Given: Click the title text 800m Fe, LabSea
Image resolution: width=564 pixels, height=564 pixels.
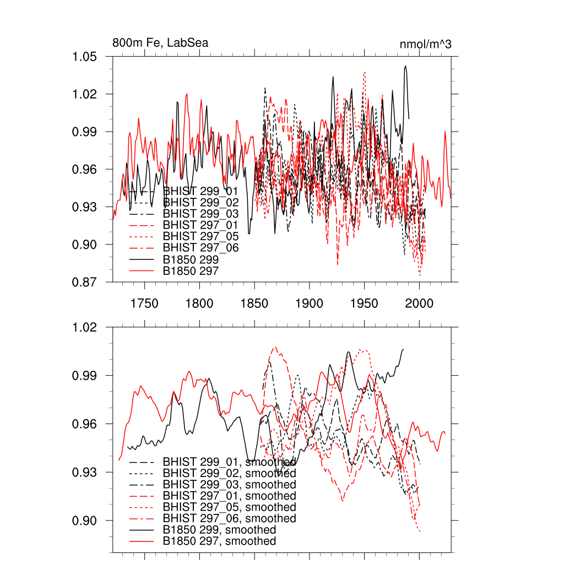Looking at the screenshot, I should pyautogui.click(x=160, y=43).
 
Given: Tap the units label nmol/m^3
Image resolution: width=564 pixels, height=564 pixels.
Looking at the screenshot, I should pyautogui.click(x=425, y=44).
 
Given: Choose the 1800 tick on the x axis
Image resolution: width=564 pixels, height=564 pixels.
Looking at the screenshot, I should pyautogui.click(x=199, y=304).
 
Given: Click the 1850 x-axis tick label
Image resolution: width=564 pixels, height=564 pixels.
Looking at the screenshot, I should pyautogui.click(x=254, y=304).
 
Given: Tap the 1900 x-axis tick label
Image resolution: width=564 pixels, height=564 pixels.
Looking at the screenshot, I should pyautogui.click(x=310, y=304).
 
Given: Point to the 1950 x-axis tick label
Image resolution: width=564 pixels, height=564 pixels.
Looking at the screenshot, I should pyautogui.click(x=365, y=304).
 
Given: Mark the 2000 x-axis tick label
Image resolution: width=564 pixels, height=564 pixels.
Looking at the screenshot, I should pyautogui.click(x=420, y=304).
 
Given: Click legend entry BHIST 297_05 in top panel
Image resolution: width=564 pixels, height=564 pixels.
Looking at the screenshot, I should pyautogui.click(x=200, y=236).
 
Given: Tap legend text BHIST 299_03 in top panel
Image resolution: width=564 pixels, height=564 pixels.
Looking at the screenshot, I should pyautogui.click(x=200, y=213).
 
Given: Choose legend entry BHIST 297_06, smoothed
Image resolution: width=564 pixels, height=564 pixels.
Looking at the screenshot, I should pyautogui.click(x=229, y=518).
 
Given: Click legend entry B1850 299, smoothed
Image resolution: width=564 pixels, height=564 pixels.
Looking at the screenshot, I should pyautogui.click(x=219, y=530).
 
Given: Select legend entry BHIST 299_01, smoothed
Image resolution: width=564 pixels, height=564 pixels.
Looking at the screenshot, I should pyautogui.click(x=229, y=462).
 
